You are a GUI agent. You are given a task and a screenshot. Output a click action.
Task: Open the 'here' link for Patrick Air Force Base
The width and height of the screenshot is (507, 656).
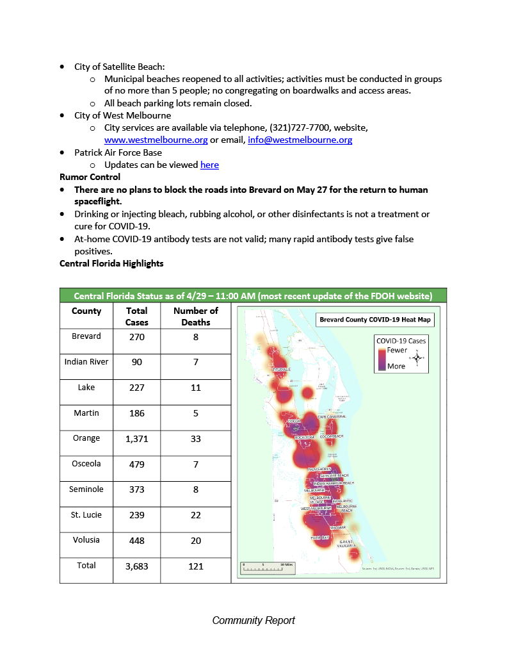tap(209, 165)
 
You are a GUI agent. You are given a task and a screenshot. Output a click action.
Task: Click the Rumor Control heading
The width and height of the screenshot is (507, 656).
tap(90, 177)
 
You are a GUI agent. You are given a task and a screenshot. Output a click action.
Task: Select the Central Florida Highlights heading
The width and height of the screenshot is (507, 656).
tap(111, 263)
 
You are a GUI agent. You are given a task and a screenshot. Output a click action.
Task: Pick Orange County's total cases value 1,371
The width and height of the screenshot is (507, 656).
tap(136, 438)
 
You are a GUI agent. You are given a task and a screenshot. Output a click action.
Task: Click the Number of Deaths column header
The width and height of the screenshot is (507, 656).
tap(196, 316)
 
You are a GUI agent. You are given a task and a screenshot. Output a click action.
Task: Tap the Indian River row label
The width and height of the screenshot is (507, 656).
tap(86, 362)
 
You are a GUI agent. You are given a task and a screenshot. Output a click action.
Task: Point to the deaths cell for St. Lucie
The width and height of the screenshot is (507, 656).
tap(196, 515)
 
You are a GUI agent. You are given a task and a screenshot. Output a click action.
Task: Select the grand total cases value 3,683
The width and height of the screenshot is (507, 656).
tap(136, 566)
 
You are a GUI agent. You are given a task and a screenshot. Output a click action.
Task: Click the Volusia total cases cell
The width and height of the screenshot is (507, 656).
tap(136, 541)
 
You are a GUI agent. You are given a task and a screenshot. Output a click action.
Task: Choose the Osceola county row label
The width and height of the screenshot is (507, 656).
tap(86, 464)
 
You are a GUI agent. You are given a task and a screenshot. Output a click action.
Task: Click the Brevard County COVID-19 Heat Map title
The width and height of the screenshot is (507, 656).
tap(374, 319)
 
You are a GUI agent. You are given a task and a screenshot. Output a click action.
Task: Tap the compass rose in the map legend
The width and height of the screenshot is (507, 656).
tap(416, 357)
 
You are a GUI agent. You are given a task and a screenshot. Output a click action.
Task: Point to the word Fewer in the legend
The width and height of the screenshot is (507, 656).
tap(397, 350)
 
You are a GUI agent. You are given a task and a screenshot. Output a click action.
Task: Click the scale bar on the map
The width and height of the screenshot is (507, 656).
tap(267, 568)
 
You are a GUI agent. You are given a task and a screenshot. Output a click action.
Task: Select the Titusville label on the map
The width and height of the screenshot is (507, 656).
tap(282, 370)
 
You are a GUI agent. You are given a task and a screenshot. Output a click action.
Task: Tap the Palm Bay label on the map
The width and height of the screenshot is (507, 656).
tap(320, 538)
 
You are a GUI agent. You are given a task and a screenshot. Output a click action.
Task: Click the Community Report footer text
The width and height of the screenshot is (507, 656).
tap(253, 620)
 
